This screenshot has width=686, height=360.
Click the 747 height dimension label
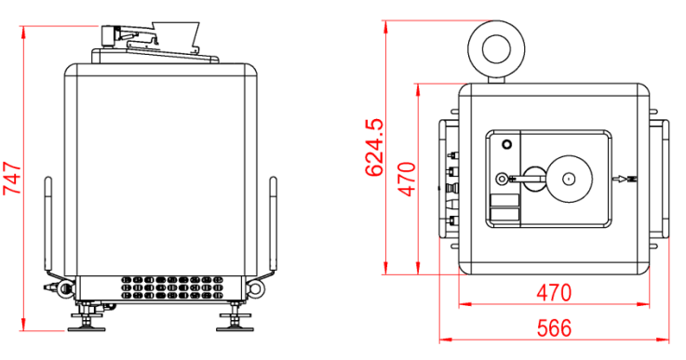pos(12,179)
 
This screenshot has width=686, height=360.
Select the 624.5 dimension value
pos(374,147)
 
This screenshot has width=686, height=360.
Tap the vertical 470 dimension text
pos(407,179)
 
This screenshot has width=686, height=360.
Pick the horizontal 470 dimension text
pos(554,293)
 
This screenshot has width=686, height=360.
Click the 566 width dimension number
pos(555,328)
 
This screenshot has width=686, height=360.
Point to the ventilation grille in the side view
pos(172,287)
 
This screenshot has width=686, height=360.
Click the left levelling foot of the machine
pos(87,318)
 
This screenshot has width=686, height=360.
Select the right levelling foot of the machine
pos(235,318)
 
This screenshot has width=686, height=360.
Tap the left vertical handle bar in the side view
pos(48,223)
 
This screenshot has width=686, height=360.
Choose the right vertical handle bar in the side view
pos(273,223)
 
